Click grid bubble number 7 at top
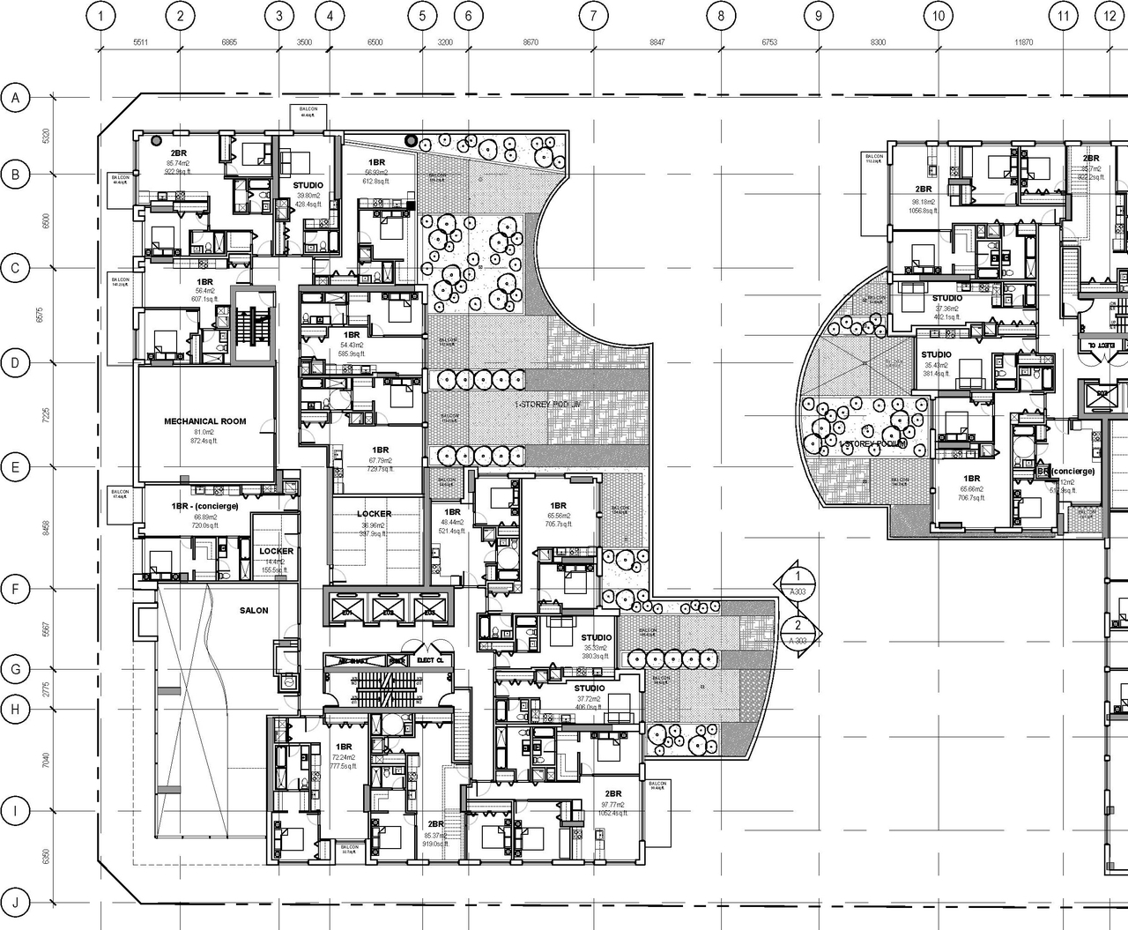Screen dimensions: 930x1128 click(x=594, y=16)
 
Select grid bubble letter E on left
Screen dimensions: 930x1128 click(x=15, y=467)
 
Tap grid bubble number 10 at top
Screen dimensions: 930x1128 click(x=938, y=16)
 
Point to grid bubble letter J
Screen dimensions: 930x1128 click(x=15, y=902)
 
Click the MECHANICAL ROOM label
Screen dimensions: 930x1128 click(x=204, y=421)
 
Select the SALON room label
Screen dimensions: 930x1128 click(x=254, y=610)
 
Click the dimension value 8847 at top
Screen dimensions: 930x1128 click(x=657, y=41)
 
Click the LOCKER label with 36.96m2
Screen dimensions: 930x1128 click(x=375, y=514)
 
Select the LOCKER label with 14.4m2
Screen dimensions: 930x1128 click(x=276, y=551)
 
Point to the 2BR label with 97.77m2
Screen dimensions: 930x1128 click(x=612, y=793)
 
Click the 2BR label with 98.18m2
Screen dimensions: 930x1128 click(x=923, y=190)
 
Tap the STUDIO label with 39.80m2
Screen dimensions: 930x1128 click(x=308, y=185)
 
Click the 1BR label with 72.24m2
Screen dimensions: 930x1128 click(x=344, y=747)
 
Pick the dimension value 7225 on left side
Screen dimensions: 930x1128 click(x=46, y=415)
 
